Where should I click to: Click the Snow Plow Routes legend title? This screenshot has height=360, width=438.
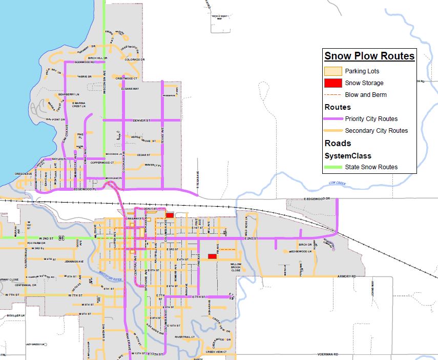pos(369,56)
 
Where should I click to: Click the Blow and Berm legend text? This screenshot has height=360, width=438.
pos(366,95)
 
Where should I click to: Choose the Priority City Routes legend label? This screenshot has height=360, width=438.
pos(371,119)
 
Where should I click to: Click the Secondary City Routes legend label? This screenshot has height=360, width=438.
pos(377,131)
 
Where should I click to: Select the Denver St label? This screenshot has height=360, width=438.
pos(140,121)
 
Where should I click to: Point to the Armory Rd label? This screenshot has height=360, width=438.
pos(346,276)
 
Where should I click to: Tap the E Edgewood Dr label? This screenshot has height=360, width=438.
pos(317,198)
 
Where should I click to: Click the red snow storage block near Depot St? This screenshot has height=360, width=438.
pos(170,215)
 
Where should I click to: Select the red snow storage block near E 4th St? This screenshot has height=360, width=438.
pos(211,256)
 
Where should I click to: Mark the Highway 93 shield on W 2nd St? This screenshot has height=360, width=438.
pos(61,238)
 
